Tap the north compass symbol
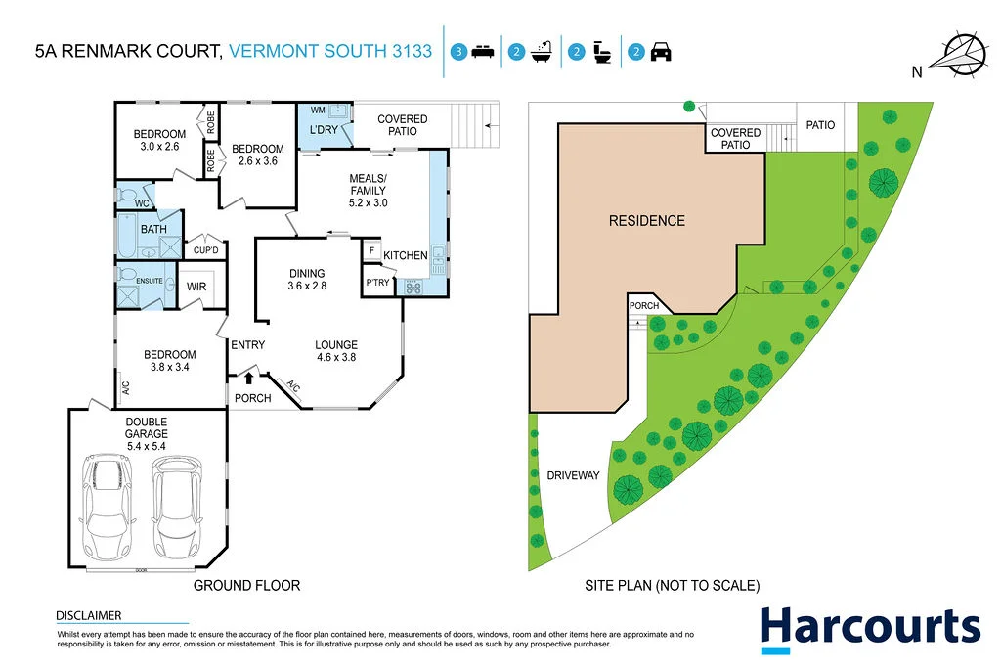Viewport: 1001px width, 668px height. (963, 53)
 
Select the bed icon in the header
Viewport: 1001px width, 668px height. (482, 53)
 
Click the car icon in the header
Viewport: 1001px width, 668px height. (661, 53)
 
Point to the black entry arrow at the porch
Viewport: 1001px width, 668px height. (249, 377)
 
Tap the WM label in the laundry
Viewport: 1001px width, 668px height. (318, 111)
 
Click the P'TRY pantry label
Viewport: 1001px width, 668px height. (377, 284)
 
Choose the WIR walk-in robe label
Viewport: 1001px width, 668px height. (196, 287)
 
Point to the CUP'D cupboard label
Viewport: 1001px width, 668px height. (205, 249)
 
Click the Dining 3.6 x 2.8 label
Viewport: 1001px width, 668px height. (306, 280)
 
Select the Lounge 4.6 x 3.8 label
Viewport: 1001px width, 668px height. (335, 351)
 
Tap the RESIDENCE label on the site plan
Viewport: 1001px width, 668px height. (646, 221)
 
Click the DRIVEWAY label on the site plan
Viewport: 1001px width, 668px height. (573, 476)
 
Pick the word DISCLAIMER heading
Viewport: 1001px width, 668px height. (89, 615)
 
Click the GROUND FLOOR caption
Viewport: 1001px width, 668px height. (246, 586)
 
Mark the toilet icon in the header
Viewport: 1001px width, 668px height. (602, 53)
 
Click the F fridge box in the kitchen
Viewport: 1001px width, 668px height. (371, 251)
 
